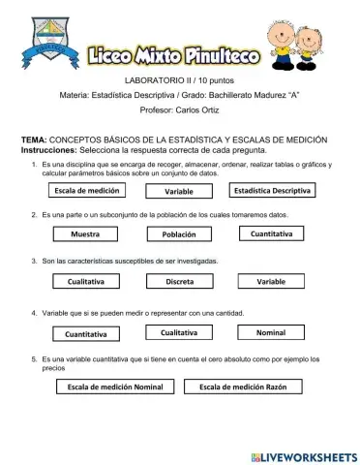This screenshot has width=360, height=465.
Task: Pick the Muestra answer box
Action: pyautogui.click(x=87, y=234)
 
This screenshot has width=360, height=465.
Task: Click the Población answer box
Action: pyautogui.click(x=179, y=234)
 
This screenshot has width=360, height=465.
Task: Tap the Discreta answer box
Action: pyautogui.click(x=179, y=281)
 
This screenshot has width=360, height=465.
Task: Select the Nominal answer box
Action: pyautogui.click(x=271, y=333)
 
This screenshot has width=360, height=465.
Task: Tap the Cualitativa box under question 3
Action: pyautogui.click(x=87, y=281)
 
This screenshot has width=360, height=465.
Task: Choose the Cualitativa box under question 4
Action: pyautogui.click(x=179, y=333)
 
